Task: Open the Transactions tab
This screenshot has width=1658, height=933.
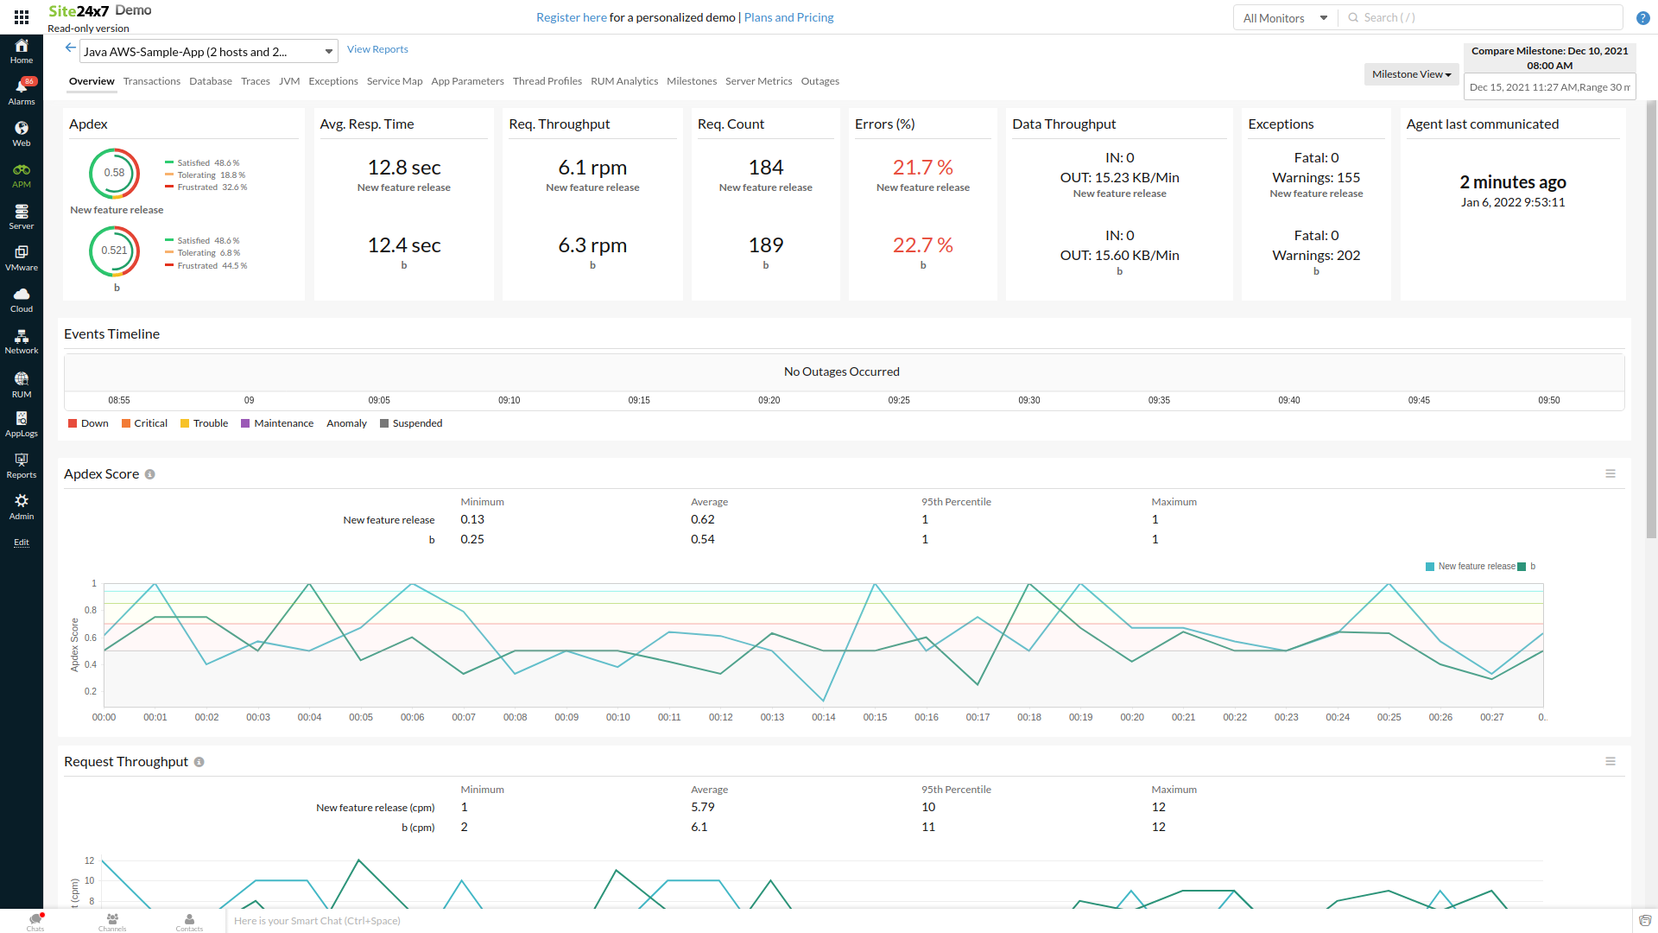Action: coord(151,81)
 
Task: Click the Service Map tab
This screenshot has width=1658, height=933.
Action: coord(394,81)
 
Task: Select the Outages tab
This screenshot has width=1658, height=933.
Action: coord(820,81)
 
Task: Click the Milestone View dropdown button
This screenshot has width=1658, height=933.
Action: coord(1411,74)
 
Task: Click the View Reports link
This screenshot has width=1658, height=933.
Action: coord(377,49)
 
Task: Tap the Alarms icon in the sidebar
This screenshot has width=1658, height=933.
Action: coord(22,90)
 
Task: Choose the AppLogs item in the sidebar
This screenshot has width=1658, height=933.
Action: coord(22,423)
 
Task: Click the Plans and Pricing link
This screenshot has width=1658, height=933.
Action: coord(788,17)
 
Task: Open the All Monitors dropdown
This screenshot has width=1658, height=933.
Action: coord(1284,18)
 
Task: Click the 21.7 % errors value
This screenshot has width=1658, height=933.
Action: coord(922,168)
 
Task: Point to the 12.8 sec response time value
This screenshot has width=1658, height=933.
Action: coord(403,168)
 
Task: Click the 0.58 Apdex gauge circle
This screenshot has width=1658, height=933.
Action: coord(114,173)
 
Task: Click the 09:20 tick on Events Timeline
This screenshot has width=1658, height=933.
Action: coord(769,401)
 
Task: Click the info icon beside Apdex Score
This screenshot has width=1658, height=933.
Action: coord(149,474)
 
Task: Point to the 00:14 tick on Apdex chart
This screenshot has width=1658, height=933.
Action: coord(823,717)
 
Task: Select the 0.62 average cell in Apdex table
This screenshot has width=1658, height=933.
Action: coord(702,519)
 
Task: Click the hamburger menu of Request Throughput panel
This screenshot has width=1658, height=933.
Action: coord(1610,761)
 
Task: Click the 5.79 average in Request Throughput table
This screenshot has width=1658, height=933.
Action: coord(702,807)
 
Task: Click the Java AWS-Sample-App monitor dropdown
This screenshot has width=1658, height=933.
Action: coord(208,52)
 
